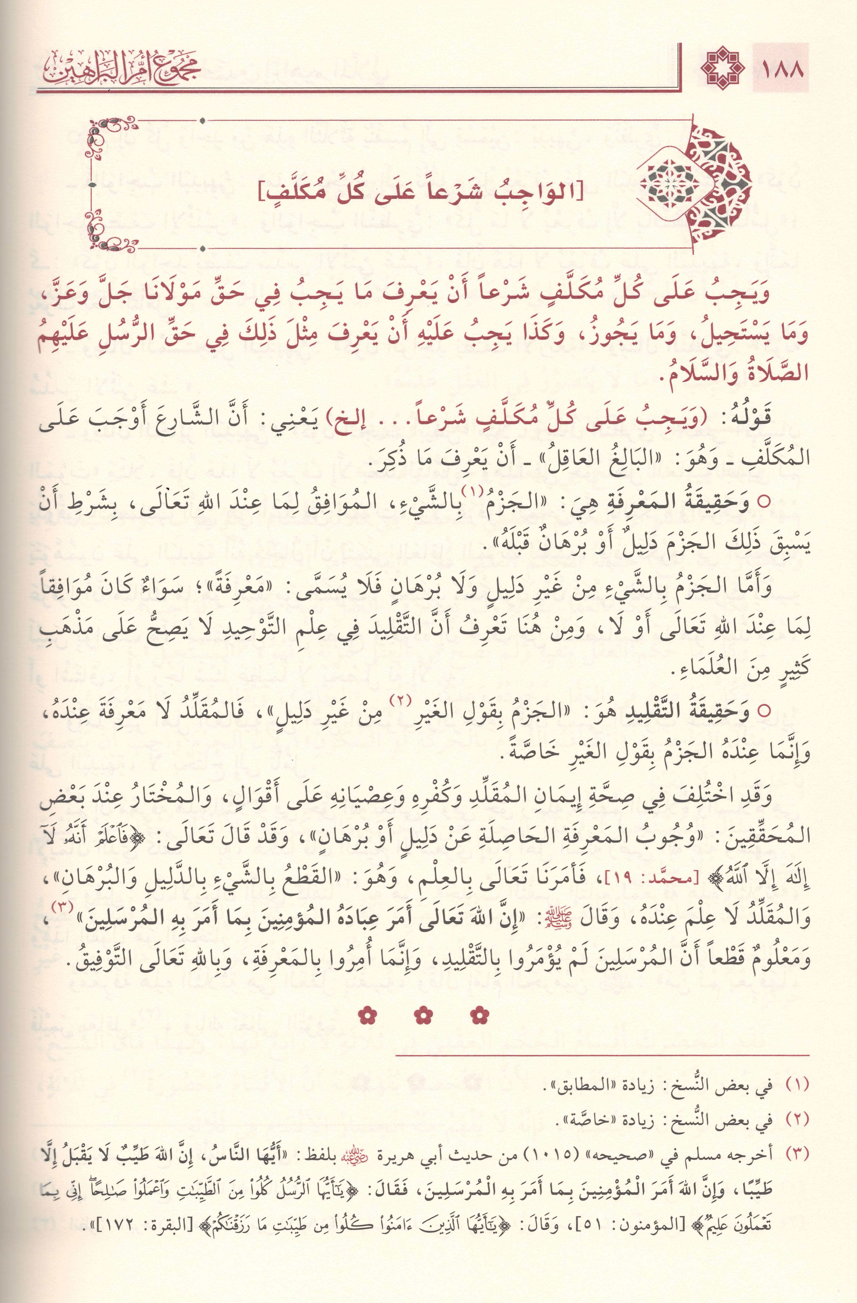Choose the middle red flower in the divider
pyautogui.click(x=424, y=1016)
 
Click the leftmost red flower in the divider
pyautogui.click(x=366, y=1016)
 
